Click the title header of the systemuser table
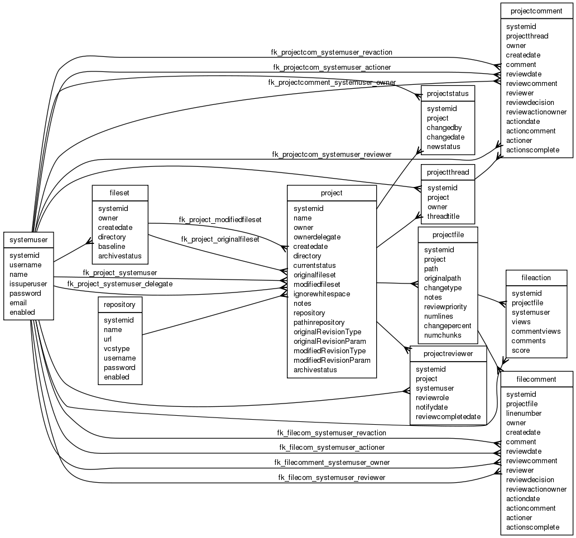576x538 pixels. click(x=28, y=239)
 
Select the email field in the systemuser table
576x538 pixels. click(x=18, y=302)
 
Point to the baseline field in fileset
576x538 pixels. click(x=112, y=246)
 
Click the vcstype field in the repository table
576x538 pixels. click(x=117, y=348)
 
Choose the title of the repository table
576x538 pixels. click(x=119, y=305)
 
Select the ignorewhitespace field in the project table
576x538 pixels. click(x=322, y=294)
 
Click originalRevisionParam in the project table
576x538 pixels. click(x=330, y=341)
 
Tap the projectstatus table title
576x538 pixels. click(x=448, y=93)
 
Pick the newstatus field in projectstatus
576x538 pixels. click(x=443, y=146)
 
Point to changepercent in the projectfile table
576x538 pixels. click(x=448, y=325)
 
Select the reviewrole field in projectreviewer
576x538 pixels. click(x=432, y=397)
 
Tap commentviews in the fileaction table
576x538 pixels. click(x=536, y=331)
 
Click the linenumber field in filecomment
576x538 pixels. click(x=524, y=413)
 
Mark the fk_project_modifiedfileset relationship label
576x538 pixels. click(x=220, y=220)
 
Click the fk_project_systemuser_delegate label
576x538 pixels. click(x=119, y=284)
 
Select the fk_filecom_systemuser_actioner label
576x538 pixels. click(x=332, y=447)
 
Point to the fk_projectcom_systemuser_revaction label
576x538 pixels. click(x=332, y=52)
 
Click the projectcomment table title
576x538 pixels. click(x=536, y=11)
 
